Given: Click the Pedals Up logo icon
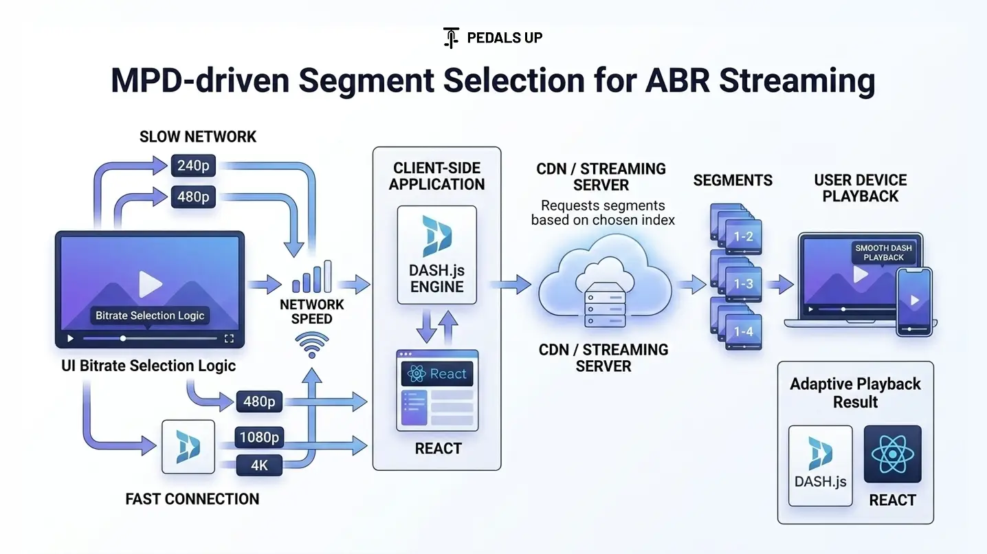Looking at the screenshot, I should click(451, 37).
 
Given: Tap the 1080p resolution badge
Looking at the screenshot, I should click(259, 437).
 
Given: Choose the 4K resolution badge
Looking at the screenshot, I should click(259, 465).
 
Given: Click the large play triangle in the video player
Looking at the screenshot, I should click(150, 283).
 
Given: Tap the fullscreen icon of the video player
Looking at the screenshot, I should click(230, 338).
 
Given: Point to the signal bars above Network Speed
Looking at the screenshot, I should click(312, 277).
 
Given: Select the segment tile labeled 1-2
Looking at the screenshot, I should click(743, 236).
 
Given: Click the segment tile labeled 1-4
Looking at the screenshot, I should click(743, 331).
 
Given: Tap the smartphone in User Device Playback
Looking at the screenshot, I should click(914, 301).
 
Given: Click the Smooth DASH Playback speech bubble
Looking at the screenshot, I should click(883, 252).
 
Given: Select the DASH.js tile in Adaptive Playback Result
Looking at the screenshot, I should click(820, 465).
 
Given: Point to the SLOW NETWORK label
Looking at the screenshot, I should click(198, 137).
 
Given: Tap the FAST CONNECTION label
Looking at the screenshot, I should click(192, 499).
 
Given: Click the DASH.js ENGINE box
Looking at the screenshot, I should click(437, 254).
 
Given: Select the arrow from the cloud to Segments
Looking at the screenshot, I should click(691, 284).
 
